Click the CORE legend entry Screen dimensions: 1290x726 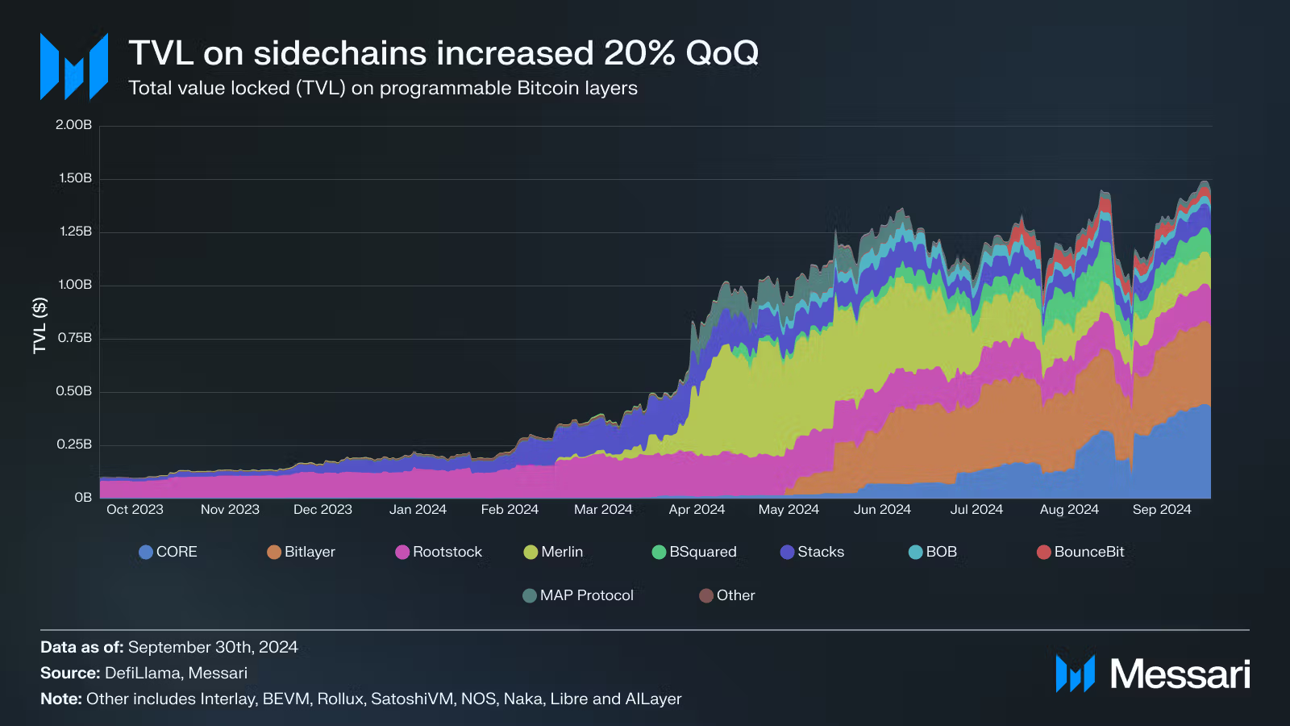tap(169, 552)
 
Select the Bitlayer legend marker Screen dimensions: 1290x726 tap(274, 552)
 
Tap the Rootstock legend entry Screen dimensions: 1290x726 tap(439, 552)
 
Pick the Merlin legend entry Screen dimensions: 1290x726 tap(553, 552)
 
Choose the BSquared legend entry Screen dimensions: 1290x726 tap(694, 552)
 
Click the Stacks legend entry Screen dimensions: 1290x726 tap(812, 552)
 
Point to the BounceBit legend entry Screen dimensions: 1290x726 tap(1080, 552)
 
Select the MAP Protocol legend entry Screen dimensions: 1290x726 tap(577, 595)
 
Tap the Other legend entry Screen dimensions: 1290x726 tap(726, 595)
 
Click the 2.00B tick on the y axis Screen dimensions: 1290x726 tap(73, 125)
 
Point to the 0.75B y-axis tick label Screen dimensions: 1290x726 tap(74, 338)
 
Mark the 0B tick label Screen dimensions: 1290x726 tap(83, 497)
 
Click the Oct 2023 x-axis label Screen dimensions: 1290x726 tap(135, 509)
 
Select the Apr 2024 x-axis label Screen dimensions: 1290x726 tap(697, 509)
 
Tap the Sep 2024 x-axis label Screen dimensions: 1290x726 tap(1162, 509)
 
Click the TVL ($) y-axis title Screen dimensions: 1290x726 tap(40, 326)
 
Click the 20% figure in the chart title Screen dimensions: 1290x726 tap(639, 53)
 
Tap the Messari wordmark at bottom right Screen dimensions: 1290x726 tap(1180, 674)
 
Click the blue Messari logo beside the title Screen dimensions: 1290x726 tap(74, 66)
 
